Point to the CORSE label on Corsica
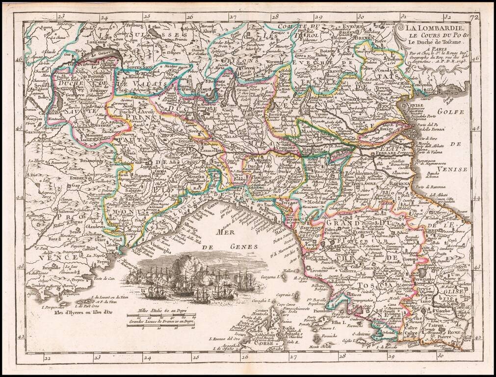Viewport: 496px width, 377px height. coord(265,345)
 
